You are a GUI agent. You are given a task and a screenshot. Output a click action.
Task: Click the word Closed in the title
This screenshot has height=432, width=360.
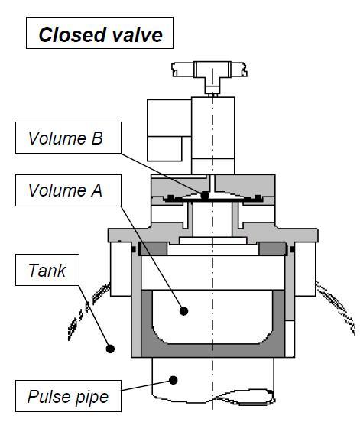pyautogui.click(x=73, y=34)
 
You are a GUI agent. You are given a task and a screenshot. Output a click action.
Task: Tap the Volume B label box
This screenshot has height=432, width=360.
pyautogui.click(x=68, y=138)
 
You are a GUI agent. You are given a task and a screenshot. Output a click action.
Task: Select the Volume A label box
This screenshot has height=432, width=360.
pyautogui.click(x=68, y=190)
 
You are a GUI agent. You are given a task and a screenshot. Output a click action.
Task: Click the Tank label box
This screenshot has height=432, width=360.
pyautogui.click(x=47, y=270)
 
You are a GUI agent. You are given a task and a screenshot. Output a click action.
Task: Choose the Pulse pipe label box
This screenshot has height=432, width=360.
pyautogui.click(x=68, y=396)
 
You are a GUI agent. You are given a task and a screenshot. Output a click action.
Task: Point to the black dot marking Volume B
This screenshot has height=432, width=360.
pyautogui.click(x=205, y=195)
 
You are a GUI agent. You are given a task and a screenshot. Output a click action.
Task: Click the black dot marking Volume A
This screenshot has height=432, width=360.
pyautogui.click(x=183, y=311)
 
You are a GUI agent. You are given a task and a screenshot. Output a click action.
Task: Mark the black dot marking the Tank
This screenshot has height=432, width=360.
pyautogui.click(x=110, y=349)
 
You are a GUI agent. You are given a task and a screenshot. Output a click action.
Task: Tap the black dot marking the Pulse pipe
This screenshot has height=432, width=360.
pyautogui.click(x=174, y=380)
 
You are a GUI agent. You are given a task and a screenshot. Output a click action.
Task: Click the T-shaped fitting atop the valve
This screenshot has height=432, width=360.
pyautogui.click(x=209, y=75)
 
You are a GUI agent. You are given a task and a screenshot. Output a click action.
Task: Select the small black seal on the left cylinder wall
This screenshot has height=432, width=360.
pyautogui.click(x=134, y=249)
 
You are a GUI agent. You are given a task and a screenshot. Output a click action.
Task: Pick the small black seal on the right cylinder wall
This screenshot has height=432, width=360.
pyautogui.click(x=292, y=249)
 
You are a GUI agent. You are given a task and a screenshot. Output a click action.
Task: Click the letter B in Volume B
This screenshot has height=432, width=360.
pyautogui.click(x=97, y=138)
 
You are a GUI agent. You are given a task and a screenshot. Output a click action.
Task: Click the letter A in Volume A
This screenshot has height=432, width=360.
pyautogui.click(x=96, y=190)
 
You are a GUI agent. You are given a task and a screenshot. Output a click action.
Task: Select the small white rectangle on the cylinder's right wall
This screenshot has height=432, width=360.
pyautogui.click(x=290, y=339)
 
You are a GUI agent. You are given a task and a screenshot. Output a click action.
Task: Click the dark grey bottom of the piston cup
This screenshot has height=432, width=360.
pyautogui.click(x=212, y=350)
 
